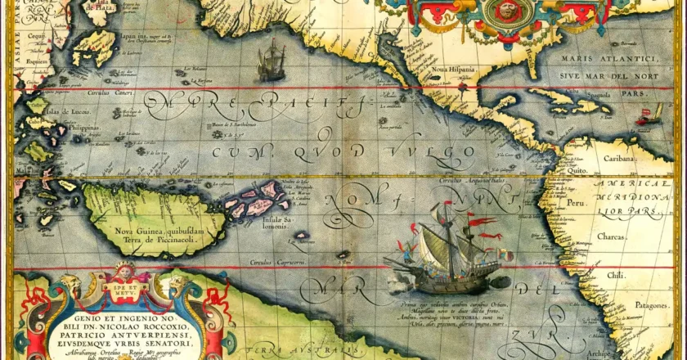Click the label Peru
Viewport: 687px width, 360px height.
coord(578,201)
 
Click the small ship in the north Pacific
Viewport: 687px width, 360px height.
coord(271,63)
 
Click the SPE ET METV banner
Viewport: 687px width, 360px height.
coord(123,289)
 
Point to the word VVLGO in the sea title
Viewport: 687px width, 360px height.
coord(438,152)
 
